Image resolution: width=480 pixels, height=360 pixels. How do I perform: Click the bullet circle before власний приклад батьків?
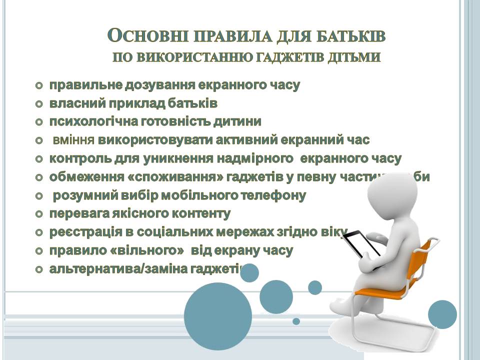pos(39,104)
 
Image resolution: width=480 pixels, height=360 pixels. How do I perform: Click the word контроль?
pos(78,159)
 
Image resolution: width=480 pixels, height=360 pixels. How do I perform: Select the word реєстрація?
pos(80,232)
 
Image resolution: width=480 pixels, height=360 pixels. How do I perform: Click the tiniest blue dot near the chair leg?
pos(296,321)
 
